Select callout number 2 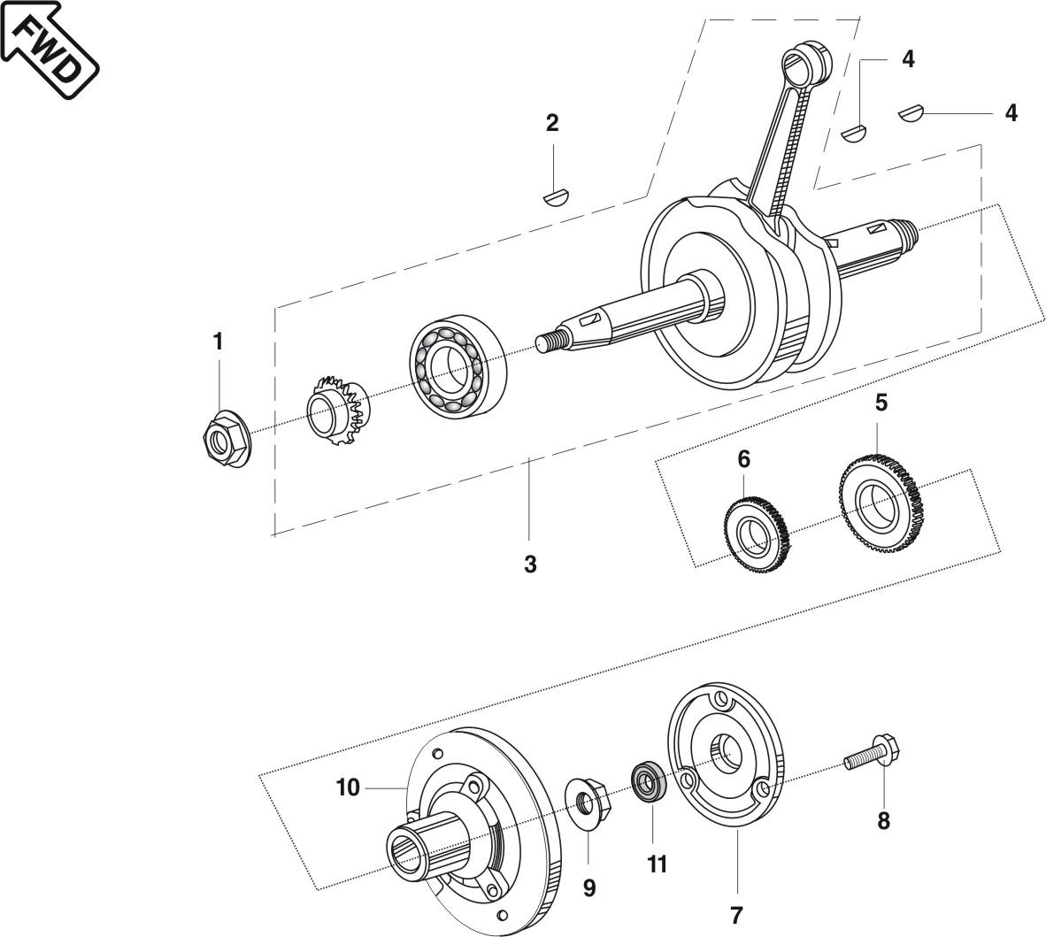coord(552,123)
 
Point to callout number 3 coord(530,564)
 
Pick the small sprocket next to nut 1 coord(340,412)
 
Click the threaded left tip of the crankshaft coord(550,340)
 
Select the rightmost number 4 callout coord(1011,113)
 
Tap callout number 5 coord(880,403)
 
